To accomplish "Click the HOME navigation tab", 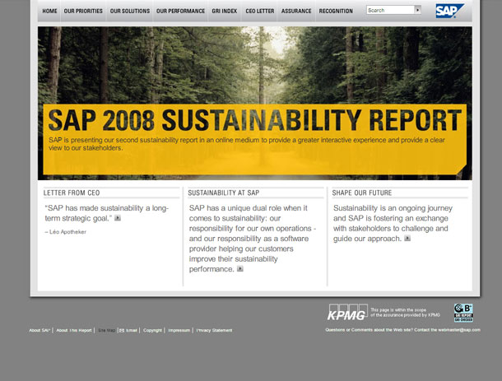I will [x=49, y=12].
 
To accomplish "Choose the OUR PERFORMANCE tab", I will [x=178, y=12].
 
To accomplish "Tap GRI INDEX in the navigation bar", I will [x=224, y=12].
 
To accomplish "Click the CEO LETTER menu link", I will [x=259, y=12].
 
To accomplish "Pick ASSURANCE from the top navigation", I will [x=296, y=12].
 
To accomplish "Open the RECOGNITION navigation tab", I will [x=335, y=12].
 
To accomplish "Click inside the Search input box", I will [x=389, y=11].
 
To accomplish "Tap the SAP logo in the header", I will [x=449, y=11].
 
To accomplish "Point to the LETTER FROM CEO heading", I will [x=72, y=193].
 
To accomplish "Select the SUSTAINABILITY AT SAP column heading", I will [x=224, y=193].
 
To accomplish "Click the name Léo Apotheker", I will [x=67, y=232].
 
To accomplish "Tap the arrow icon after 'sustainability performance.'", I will [x=240, y=269].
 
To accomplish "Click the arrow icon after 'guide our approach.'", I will [x=407, y=239].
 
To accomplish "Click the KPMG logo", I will [x=347, y=313].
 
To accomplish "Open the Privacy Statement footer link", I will [x=214, y=330].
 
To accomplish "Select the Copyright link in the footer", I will [x=152, y=330].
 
